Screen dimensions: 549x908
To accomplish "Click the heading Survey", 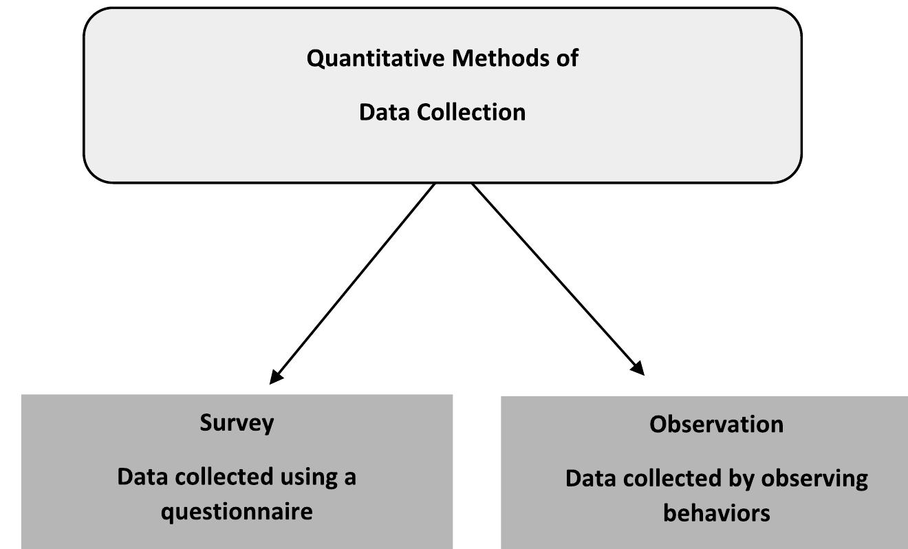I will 237,422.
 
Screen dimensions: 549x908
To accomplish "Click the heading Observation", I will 716,424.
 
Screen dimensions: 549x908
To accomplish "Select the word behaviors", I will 716,513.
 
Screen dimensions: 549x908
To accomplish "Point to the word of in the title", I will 567,58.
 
